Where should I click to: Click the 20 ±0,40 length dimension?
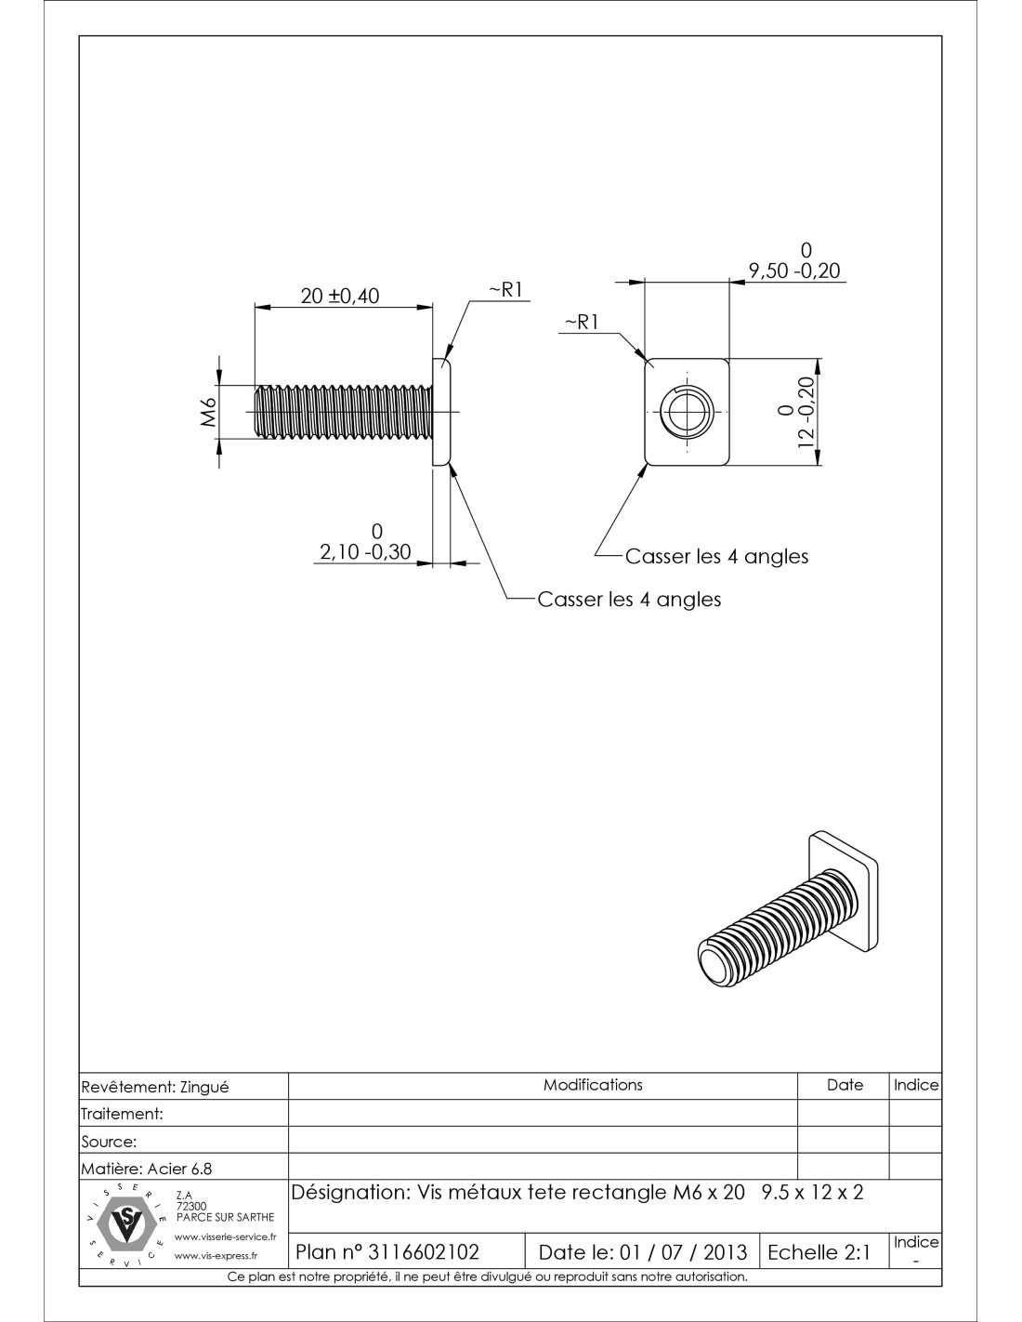click(340, 297)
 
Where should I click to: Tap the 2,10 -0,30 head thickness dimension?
click(365, 551)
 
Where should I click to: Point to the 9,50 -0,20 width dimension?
click(794, 271)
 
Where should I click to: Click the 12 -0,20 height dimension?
click(806, 412)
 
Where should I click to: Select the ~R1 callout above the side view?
click(508, 290)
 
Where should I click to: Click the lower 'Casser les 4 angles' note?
click(629, 600)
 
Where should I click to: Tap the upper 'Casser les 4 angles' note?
click(716, 556)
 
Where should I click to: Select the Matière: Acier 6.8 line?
click(147, 1169)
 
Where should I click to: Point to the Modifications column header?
click(593, 1085)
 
